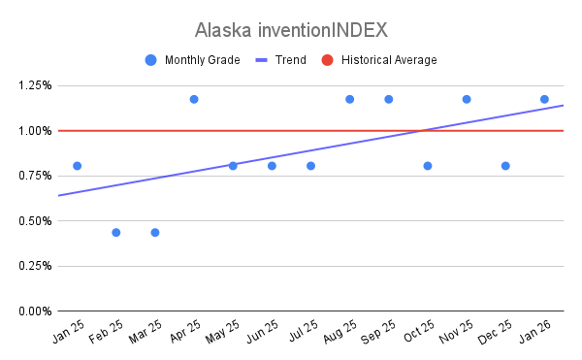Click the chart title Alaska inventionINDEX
coord(291,30)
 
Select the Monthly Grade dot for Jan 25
coord(78,166)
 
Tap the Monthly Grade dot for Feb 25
coord(116,233)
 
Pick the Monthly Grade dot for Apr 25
coord(194,100)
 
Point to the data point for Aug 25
coord(349,100)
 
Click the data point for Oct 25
coord(428,166)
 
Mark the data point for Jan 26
coord(544,100)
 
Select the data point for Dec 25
coord(505,166)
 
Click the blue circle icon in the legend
coord(150,60)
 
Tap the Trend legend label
coord(291,60)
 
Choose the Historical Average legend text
coord(389,60)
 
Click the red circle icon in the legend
coord(328,60)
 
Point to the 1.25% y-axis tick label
coord(35,85)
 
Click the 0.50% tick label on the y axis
coord(35,221)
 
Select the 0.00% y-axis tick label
coord(35,311)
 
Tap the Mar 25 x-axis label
coord(145,332)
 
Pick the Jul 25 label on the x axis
coord(304,330)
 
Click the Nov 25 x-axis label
coord(456,332)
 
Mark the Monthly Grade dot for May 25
coord(233,166)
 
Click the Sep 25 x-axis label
coord(378,332)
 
